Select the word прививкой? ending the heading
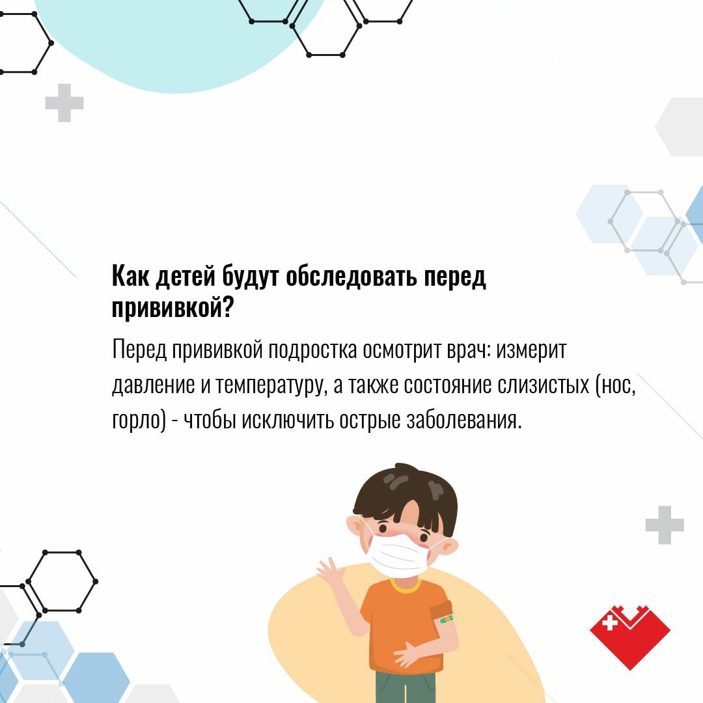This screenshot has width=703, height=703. click(172, 307)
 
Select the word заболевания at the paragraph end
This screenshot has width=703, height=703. click(464, 420)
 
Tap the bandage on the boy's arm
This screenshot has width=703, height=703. click(447, 620)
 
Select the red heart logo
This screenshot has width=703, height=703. click(630, 637)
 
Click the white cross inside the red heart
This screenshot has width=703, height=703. click(610, 623)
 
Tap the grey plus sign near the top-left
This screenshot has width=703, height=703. click(64, 103)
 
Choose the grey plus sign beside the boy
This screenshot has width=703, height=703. click(665, 525)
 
